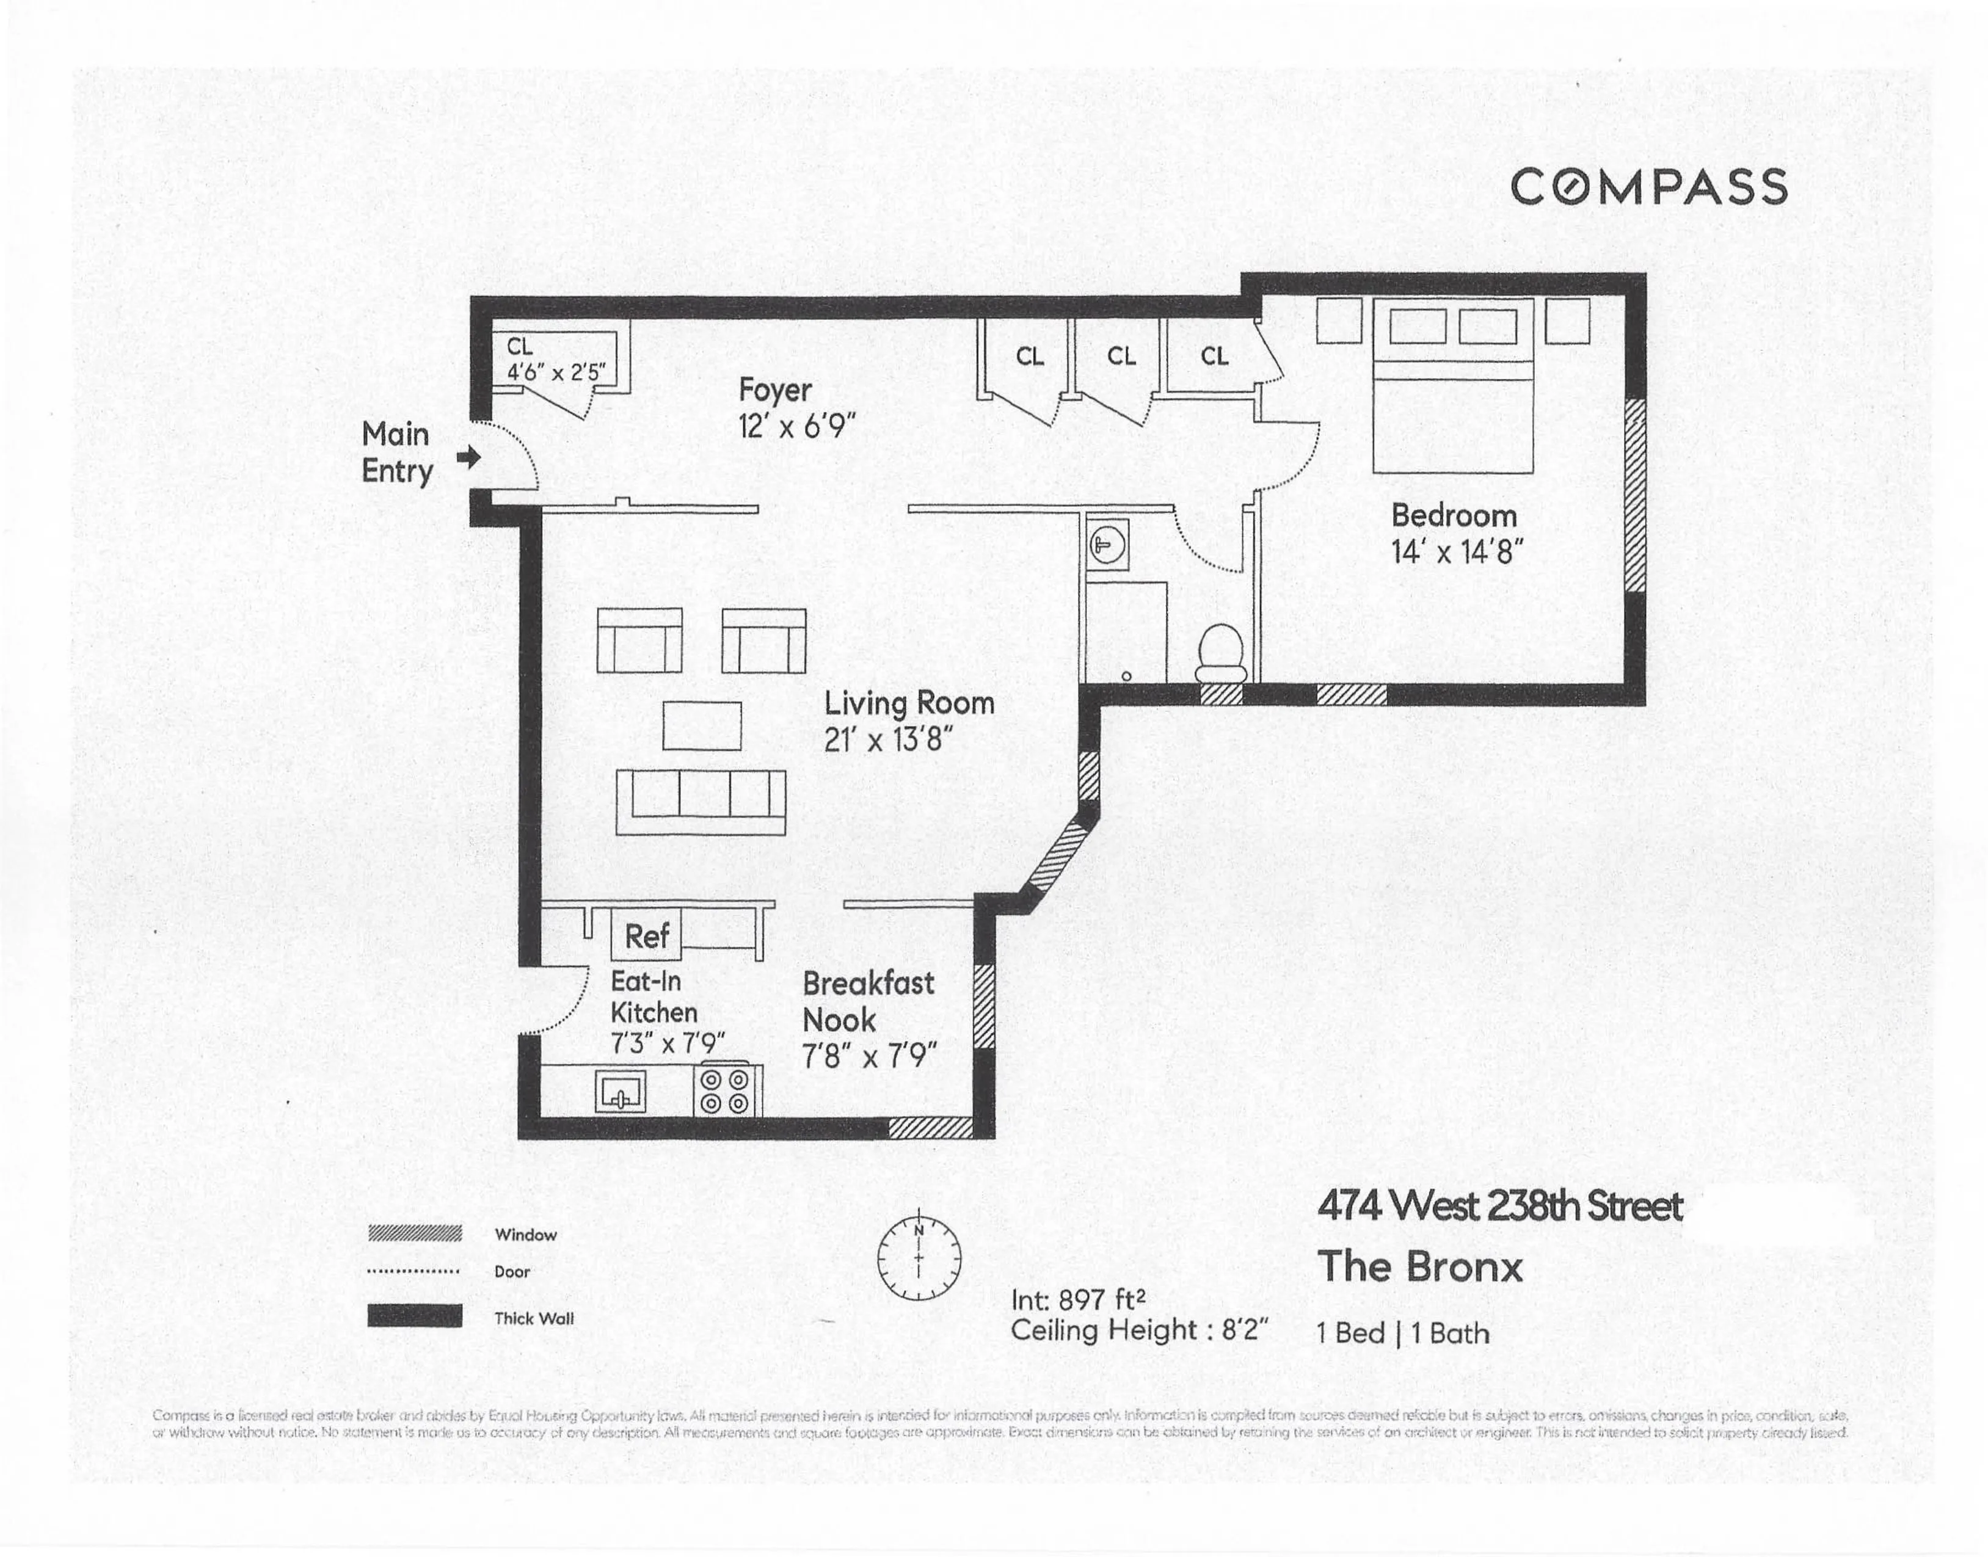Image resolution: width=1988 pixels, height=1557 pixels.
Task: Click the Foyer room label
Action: [774, 390]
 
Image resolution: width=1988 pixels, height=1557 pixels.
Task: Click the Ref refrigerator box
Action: [647, 935]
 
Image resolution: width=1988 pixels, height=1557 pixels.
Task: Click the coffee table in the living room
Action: [701, 725]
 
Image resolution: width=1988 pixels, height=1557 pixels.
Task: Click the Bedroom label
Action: [1454, 516]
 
